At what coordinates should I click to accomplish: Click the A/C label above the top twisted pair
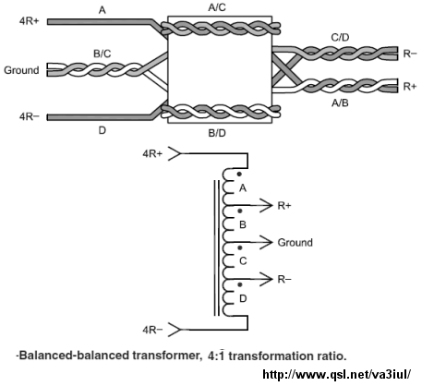click(x=217, y=7)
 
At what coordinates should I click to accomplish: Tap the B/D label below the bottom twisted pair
click(x=217, y=133)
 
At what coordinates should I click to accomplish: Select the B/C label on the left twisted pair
click(x=102, y=54)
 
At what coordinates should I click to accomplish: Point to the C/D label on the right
click(x=340, y=38)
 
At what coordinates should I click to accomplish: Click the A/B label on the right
click(x=340, y=103)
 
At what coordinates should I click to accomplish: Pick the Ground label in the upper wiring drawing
click(x=21, y=70)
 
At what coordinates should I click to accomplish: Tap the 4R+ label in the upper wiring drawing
click(x=30, y=21)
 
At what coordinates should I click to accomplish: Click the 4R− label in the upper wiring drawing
click(x=30, y=116)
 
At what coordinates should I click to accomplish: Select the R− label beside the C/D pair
click(x=410, y=54)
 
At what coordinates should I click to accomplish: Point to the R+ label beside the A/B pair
click(x=410, y=87)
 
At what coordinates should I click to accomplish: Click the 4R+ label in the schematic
click(x=152, y=153)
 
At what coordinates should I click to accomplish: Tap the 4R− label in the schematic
click(x=152, y=330)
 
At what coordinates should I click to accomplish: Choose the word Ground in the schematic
click(x=295, y=243)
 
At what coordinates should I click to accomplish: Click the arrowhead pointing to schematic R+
click(x=267, y=205)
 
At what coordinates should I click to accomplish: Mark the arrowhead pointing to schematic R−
click(x=267, y=279)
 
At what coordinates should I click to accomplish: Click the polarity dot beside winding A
click(x=239, y=175)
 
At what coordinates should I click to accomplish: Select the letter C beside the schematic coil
click(x=243, y=261)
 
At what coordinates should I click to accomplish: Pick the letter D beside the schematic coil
click(x=243, y=298)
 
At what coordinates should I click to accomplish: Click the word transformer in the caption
click(x=165, y=356)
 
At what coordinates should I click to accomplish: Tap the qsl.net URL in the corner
click(x=337, y=374)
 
